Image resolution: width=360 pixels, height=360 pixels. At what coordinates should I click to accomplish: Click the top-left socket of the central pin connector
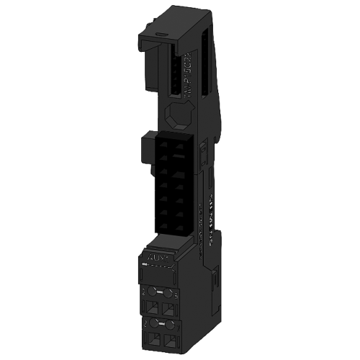[x=162, y=143]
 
